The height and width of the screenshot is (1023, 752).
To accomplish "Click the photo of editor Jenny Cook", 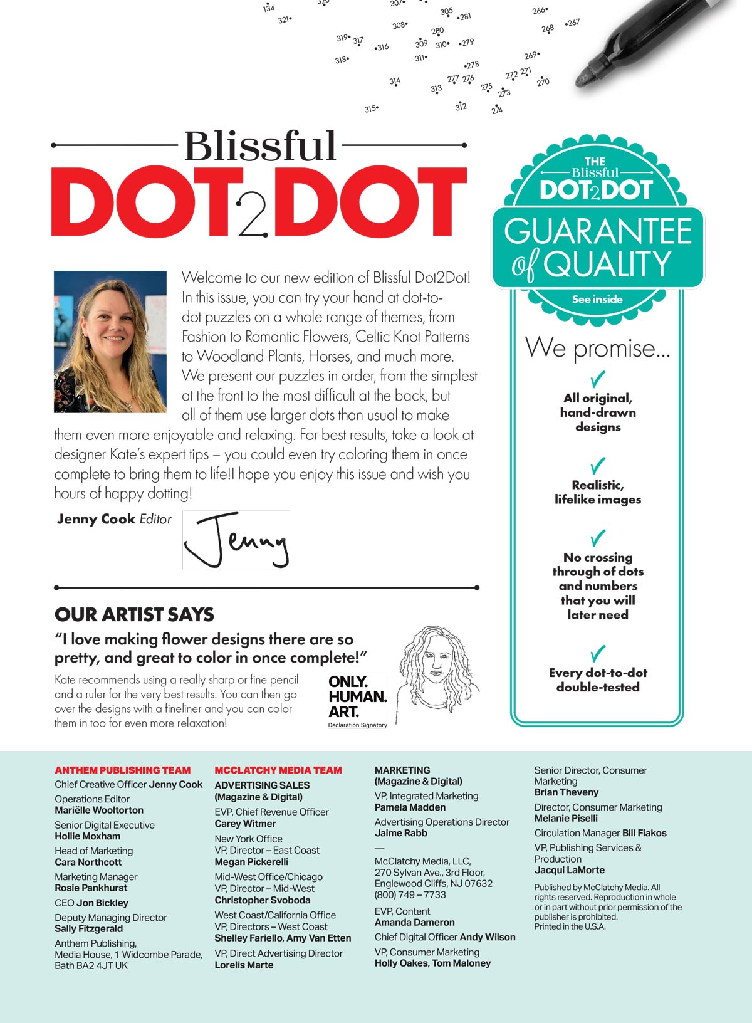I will [110, 342].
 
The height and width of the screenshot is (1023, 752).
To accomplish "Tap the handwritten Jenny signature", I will [237, 540].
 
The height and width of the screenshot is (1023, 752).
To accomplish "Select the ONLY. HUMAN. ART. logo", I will [357, 701].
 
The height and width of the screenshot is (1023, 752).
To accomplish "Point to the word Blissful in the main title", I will [260, 146].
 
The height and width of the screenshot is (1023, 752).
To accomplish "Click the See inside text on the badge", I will [597, 299].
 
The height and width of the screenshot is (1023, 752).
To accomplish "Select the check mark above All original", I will [598, 379].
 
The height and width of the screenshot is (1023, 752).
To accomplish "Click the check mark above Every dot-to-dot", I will [598, 654].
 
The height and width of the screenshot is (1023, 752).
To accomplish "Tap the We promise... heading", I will [597, 348].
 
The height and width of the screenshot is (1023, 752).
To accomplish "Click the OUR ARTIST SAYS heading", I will [134, 614].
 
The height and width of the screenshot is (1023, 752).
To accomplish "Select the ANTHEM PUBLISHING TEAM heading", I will [122, 770].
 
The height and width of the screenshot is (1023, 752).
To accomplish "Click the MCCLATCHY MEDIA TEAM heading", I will [278, 770].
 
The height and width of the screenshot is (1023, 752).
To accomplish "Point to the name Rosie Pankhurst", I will [91, 888].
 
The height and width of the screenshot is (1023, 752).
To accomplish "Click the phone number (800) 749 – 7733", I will [410, 894].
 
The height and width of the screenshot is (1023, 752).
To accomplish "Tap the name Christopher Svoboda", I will [263, 900].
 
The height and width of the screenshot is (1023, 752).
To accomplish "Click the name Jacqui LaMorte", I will [569, 870].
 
